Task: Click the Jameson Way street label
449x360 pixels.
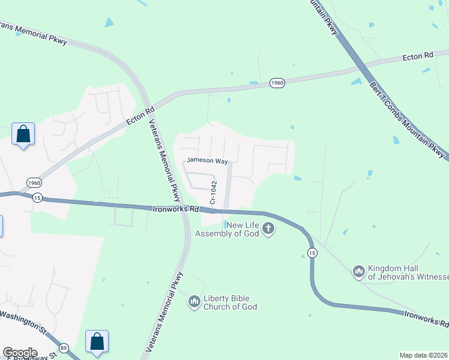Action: [207, 161]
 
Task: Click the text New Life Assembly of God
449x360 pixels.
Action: [243, 229]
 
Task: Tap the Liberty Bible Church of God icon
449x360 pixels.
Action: [194, 302]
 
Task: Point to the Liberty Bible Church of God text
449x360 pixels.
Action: [231, 302]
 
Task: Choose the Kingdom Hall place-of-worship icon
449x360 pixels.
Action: [359, 272]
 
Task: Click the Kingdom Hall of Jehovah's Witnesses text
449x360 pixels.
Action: [408, 272]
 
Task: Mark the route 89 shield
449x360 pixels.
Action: [64, 347]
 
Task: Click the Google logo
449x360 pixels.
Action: [20, 353]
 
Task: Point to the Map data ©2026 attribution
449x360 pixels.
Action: [423, 355]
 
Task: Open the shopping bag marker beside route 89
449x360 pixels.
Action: [97, 341]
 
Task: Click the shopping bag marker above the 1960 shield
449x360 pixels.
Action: [23, 134]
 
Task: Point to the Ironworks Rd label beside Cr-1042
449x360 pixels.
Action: [175, 209]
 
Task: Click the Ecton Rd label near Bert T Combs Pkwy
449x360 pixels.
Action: [418, 56]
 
